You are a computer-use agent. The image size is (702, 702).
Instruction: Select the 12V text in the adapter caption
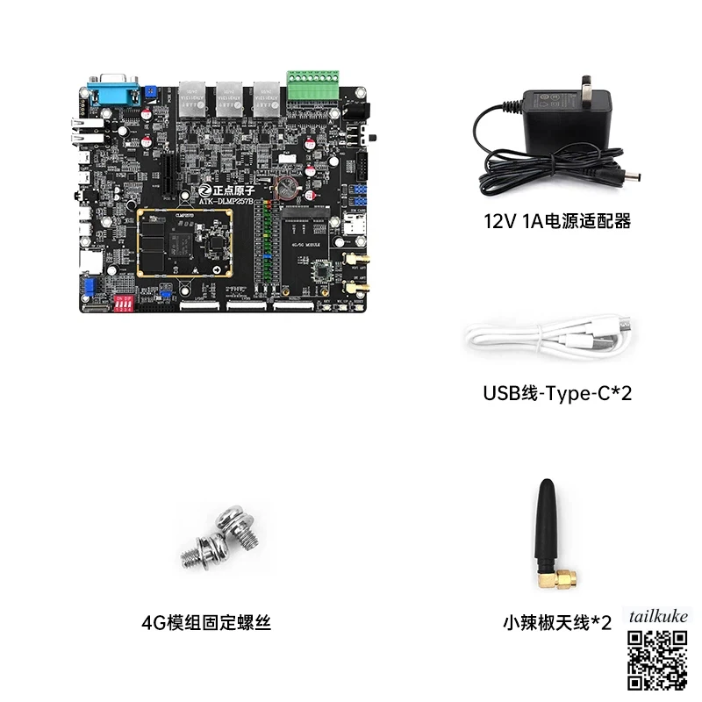(x=498, y=222)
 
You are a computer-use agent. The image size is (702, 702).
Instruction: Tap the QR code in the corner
(x=655, y=660)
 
